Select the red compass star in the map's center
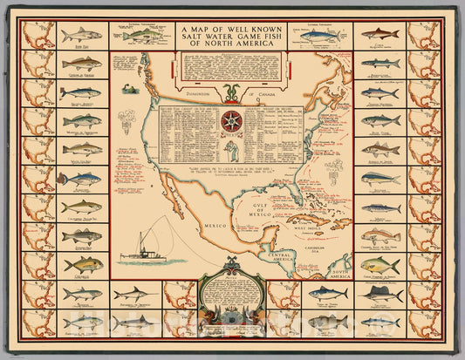[232, 119]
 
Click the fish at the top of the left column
[82, 35]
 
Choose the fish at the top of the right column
[381, 35]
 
